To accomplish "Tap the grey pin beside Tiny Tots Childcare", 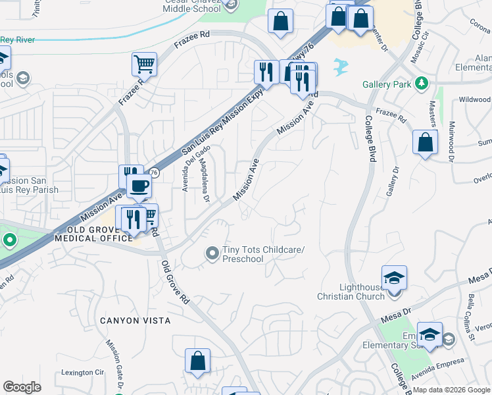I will pos(212,253).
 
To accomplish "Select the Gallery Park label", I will pos(387,84).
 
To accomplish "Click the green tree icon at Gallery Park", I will pos(421,84).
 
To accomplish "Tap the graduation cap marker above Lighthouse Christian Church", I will pos(394,277).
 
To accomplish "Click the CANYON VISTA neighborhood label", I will pos(135,321).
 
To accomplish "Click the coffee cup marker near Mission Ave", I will pos(139,187).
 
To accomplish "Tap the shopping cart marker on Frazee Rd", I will pos(144,65).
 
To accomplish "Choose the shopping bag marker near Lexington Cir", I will pos(197,361).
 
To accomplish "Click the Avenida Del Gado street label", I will pos(191,169).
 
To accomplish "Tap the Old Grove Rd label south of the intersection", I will pos(176,282).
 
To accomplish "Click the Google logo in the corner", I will pos(22,387).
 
